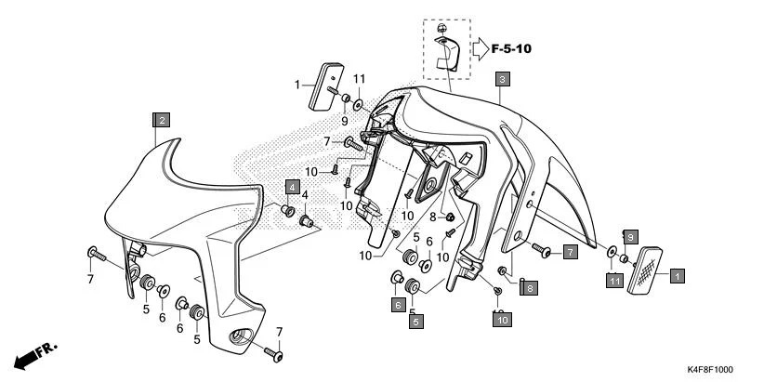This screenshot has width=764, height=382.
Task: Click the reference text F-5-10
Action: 518,47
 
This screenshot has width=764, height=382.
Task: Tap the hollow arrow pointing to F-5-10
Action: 478,47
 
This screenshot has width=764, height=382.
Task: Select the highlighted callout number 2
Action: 162,120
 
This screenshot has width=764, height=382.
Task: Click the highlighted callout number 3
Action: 501,80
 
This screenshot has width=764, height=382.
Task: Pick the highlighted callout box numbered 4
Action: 291,187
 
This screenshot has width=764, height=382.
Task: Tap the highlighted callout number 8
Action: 528,289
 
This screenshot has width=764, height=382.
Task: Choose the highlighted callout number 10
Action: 501,319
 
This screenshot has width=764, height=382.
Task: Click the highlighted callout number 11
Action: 615,280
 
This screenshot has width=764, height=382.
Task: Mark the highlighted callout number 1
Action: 678,275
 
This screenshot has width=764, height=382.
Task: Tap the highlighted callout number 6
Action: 397,304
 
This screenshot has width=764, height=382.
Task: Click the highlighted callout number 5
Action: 415,322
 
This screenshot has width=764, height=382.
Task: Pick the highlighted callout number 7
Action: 570,252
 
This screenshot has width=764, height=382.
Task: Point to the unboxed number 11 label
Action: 359,78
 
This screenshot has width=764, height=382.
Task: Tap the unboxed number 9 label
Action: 343,120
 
